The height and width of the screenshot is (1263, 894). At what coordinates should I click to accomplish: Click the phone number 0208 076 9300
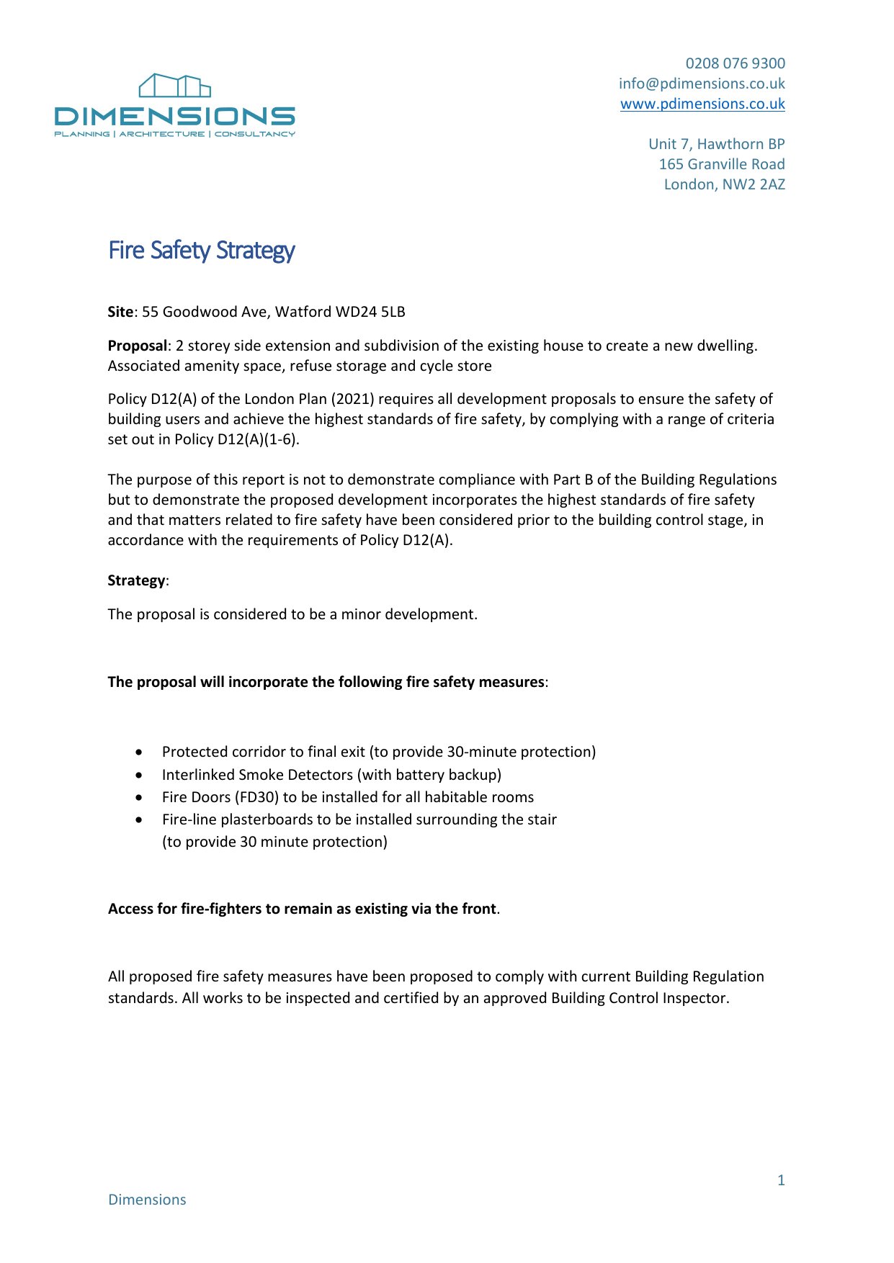click(735, 63)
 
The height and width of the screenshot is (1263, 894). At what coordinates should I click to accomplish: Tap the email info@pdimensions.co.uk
click(702, 84)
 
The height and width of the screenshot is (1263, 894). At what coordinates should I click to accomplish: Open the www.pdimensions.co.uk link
click(702, 104)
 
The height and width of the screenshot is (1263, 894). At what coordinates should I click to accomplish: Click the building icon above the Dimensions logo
click(174, 85)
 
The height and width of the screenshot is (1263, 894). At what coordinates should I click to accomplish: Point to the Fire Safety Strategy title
click(201, 250)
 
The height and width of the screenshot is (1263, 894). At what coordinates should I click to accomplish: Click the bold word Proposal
click(137, 346)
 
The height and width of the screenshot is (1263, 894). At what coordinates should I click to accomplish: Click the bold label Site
click(120, 312)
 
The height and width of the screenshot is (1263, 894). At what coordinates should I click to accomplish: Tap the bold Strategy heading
click(136, 580)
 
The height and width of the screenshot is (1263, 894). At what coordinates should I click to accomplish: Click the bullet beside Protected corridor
click(139, 752)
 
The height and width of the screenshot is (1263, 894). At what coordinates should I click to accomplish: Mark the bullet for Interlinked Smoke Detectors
click(139, 776)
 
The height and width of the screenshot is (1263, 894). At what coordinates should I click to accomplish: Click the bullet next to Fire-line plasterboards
click(139, 820)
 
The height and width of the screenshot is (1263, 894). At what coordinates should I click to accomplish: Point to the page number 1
click(781, 1180)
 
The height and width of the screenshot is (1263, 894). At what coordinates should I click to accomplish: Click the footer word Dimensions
click(147, 1200)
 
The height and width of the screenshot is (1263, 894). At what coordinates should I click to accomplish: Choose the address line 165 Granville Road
click(721, 164)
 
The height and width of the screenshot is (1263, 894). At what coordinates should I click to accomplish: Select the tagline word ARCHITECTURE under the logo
click(162, 134)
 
